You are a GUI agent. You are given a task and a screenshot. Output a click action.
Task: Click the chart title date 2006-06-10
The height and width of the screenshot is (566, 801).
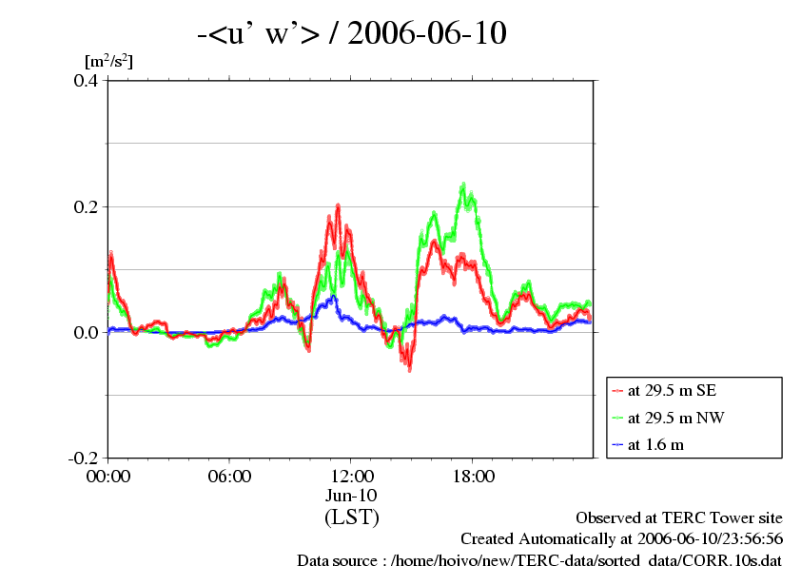pyautogui.click(x=427, y=33)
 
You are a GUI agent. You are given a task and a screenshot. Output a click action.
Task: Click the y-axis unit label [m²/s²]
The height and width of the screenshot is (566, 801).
pyautogui.click(x=108, y=62)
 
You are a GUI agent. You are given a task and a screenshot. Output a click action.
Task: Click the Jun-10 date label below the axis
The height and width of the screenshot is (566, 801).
pyautogui.click(x=351, y=496)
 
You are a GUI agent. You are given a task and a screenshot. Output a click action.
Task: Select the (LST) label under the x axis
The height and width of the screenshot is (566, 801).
pyautogui.click(x=351, y=517)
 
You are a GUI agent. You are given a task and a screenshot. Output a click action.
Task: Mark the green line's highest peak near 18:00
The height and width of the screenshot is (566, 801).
pyautogui.click(x=463, y=185)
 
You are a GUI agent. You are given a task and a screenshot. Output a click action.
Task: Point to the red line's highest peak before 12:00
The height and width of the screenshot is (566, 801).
pyautogui.click(x=338, y=205)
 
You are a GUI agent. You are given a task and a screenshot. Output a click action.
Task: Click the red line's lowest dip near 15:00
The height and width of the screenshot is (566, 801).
pyautogui.click(x=410, y=367)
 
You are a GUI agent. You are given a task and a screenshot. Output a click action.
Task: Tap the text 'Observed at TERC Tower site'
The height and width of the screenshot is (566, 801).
pyautogui.click(x=679, y=517)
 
